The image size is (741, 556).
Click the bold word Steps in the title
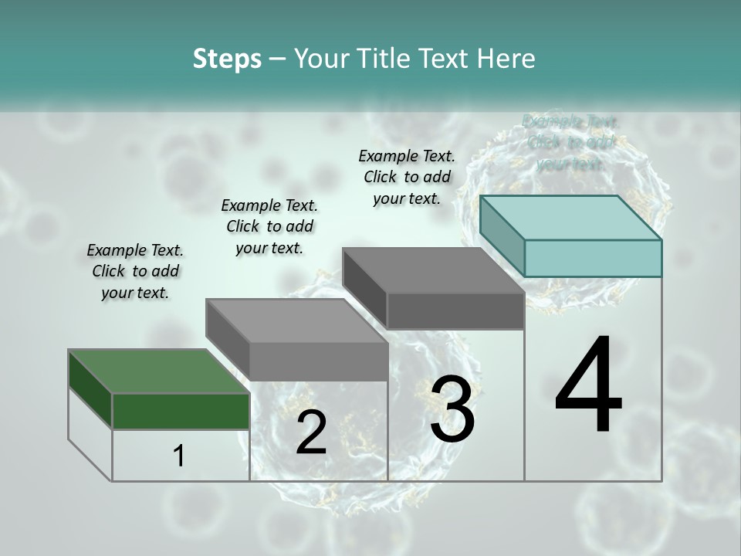pos(227,59)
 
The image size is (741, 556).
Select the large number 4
pos(588,386)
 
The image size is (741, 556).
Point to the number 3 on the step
pos(452,409)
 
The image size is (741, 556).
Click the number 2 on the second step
pos(311,432)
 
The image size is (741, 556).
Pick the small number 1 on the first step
pos(179,456)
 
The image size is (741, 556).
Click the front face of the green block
pos(181,411)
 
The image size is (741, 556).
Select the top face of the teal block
pos(571,217)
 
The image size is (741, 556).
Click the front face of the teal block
pos(593,258)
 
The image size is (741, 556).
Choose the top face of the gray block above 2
pos(296,320)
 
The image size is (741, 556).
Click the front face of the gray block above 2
pos(318,361)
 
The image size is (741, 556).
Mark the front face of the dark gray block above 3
pos(455,310)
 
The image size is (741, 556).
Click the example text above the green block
pos(135,271)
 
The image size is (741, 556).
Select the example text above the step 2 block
pos(269,226)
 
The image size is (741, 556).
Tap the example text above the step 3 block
pos(407,177)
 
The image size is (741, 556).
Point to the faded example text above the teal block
pos(571,142)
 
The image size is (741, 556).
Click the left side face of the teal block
pos(502,236)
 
